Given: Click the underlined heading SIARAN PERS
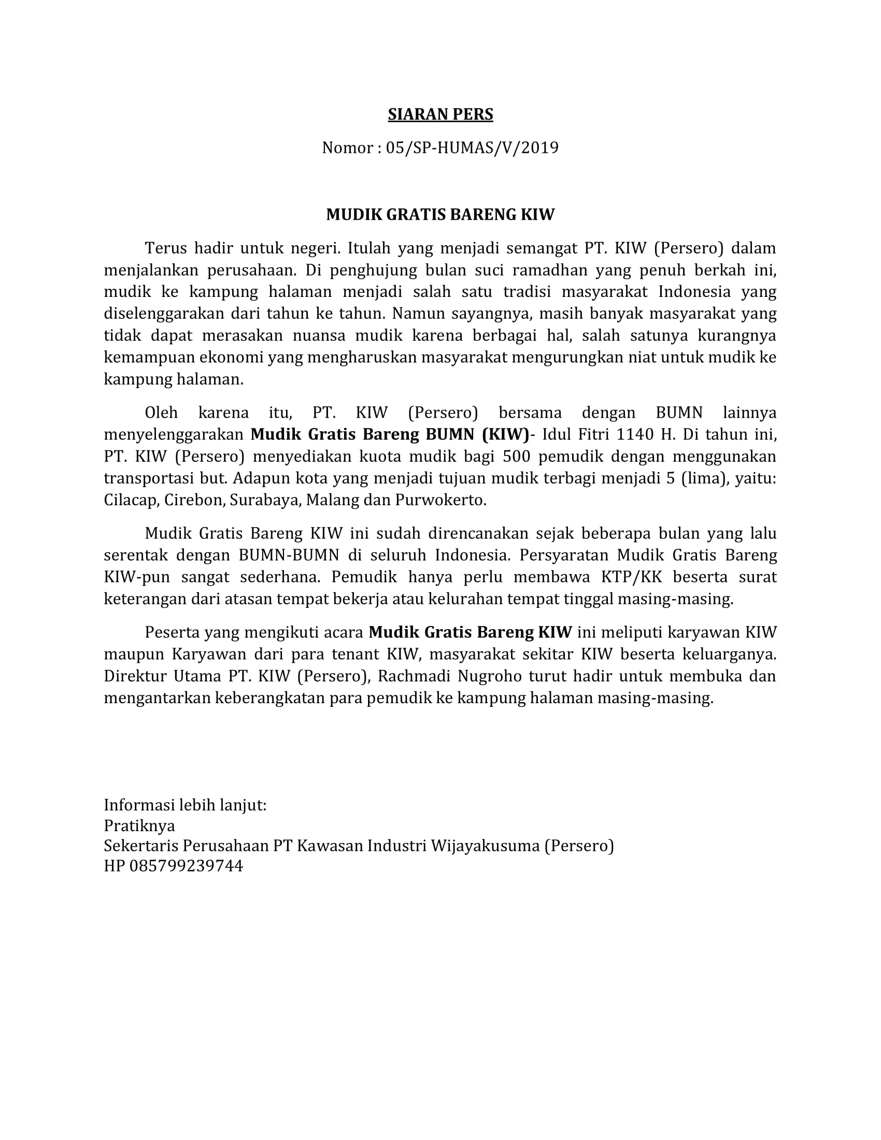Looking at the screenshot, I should tap(440, 115).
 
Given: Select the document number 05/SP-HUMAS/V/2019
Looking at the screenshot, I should tap(472, 148).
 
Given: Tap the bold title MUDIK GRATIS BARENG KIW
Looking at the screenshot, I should tap(440, 215).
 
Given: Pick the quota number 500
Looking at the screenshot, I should tap(516, 456).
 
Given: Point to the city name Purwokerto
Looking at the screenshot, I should tap(440, 500).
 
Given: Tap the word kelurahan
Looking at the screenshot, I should tap(466, 598).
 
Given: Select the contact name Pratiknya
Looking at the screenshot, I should tap(139, 825).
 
